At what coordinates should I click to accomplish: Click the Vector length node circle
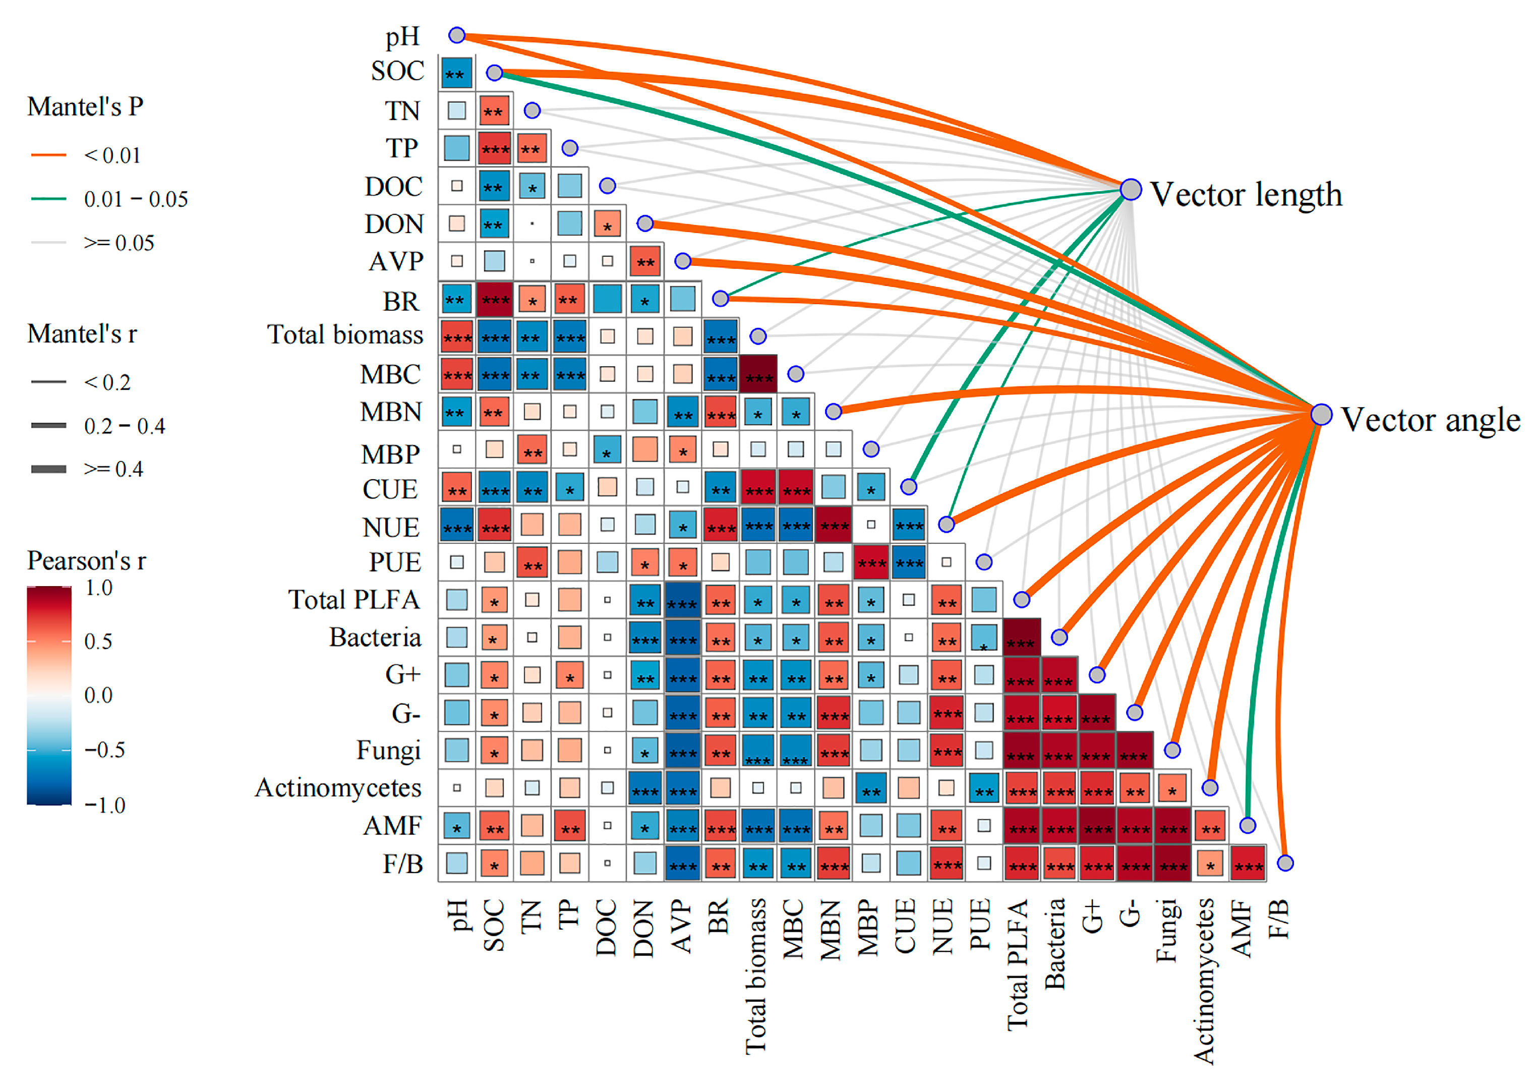1131,189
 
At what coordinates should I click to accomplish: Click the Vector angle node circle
1321,414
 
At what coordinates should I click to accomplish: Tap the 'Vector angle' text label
1430,420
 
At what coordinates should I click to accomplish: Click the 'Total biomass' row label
345,334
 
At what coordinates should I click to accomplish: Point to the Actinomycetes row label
338,787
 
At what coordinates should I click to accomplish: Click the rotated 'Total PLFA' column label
1018,964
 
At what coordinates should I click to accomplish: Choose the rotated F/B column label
1278,918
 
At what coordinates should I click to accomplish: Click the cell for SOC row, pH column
456,73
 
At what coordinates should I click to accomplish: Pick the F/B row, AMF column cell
1247,863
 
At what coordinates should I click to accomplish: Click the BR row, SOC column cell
494,299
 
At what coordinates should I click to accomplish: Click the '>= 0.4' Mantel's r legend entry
113,469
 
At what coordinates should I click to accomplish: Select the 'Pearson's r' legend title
86,561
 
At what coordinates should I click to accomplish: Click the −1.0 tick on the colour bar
105,805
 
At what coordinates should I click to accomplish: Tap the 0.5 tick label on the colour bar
98,641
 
